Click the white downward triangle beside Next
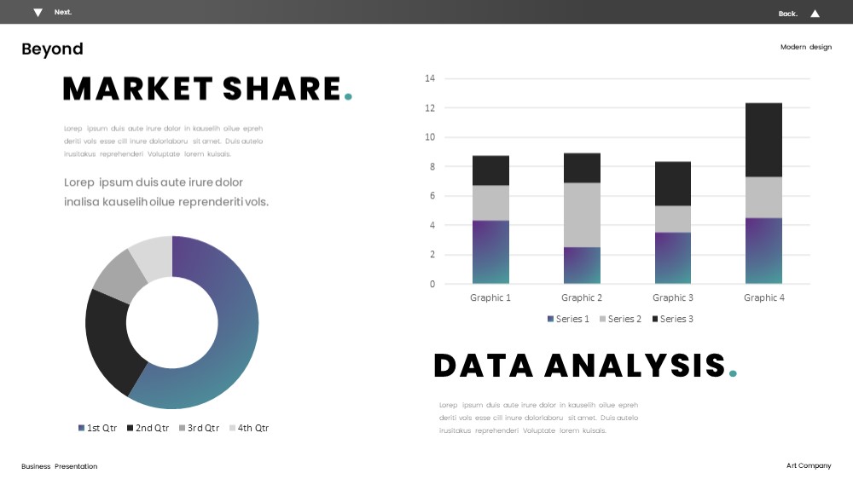pos(38,13)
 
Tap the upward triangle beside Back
pos(815,14)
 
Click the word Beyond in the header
pos(52,49)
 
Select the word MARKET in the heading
pos(138,89)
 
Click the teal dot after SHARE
pos(348,97)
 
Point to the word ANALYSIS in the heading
pos(635,366)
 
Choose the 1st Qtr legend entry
pos(97,428)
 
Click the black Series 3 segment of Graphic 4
pos(763,140)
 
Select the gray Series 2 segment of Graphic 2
pos(582,215)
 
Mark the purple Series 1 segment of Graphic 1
pos(490,251)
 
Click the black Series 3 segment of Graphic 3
pos(673,184)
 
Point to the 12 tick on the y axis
pos(430,107)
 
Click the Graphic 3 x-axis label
pos(673,297)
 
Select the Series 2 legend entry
pos(620,319)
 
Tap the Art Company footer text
pos(809,465)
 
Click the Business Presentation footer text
pos(60,466)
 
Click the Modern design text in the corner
pos(806,47)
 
